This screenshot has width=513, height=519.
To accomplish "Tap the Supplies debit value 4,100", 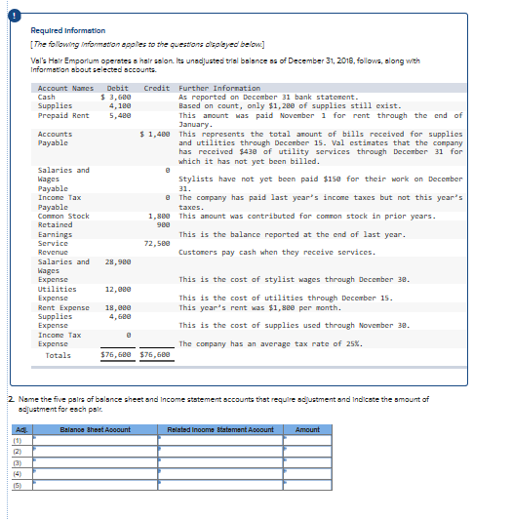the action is (120, 106).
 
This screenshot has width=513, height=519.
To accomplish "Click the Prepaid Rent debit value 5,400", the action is (120, 115).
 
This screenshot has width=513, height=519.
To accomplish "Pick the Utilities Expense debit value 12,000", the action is (118, 290).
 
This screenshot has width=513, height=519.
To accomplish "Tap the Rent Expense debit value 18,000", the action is (118, 307).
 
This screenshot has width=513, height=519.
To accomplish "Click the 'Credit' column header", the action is (157, 89).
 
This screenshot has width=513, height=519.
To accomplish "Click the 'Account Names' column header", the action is (65, 89).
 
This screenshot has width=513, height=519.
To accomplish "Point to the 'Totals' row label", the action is (59, 355).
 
